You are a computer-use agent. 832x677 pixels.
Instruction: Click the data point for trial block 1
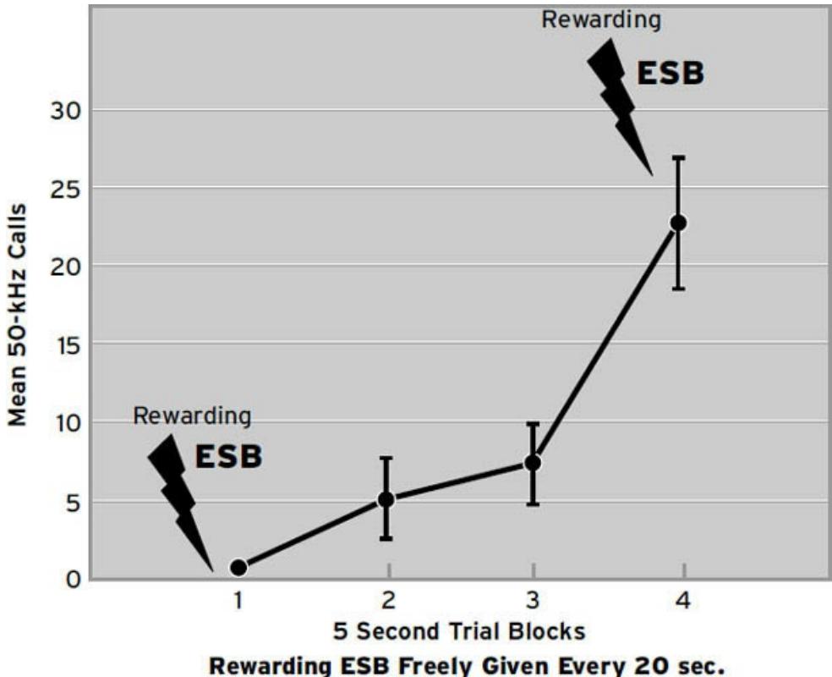click(x=238, y=567)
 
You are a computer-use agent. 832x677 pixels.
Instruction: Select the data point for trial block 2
click(x=386, y=499)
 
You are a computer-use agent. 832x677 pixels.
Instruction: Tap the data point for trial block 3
click(x=533, y=463)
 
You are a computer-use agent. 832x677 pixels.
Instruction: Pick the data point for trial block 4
click(x=678, y=223)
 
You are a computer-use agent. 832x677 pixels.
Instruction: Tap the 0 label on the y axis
click(x=74, y=580)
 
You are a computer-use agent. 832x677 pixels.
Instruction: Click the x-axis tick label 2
click(x=387, y=602)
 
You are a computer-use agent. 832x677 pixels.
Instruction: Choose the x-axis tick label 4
click(x=681, y=602)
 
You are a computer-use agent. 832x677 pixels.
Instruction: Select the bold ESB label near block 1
click(x=228, y=457)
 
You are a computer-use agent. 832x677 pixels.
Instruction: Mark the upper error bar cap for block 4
click(x=678, y=157)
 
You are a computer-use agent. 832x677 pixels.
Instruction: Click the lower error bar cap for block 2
click(x=386, y=538)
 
